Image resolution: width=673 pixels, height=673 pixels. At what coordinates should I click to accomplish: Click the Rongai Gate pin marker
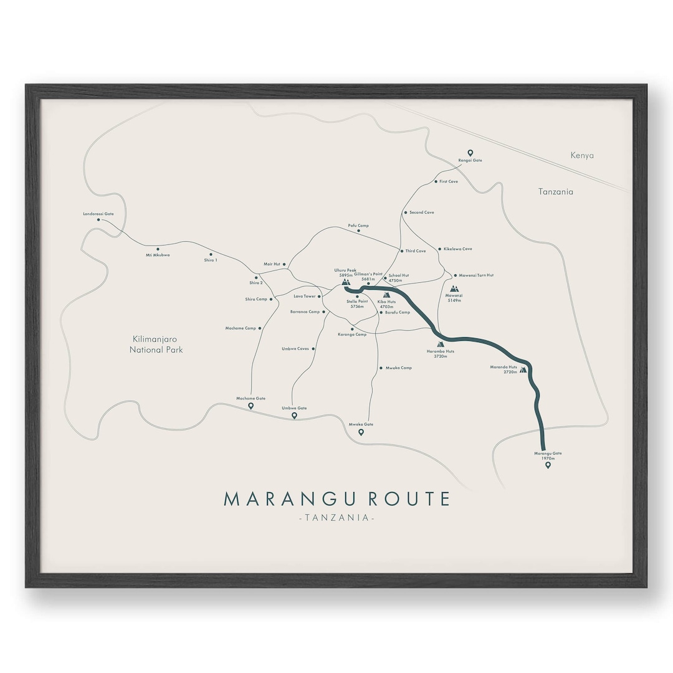coord(470,153)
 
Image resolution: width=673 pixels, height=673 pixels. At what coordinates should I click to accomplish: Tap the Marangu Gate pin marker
coord(548,465)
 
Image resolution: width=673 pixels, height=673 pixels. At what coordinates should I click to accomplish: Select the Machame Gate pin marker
coord(251,406)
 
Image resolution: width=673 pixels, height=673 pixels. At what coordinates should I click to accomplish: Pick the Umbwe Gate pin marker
coord(294,415)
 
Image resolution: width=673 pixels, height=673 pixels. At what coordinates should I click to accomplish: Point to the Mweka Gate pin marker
coord(361,432)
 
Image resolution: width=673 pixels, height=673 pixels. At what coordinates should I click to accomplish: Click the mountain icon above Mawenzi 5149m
coord(454,289)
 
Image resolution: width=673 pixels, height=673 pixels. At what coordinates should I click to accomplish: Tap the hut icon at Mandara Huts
coord(523,370)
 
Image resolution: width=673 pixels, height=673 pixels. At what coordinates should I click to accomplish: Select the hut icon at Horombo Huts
coord(441,343)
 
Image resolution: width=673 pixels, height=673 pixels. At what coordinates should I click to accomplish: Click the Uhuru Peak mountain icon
coord(346,282)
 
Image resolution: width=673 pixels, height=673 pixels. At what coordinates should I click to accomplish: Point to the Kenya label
coord(582,155)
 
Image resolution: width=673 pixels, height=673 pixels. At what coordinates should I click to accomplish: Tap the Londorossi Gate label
coord(98,214)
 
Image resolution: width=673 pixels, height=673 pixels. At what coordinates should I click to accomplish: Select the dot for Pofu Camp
coord(358,231)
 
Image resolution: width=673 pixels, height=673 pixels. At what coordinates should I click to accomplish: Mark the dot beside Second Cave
coord(405,212)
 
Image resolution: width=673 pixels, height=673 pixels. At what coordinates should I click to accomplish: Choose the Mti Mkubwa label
coord(158,255)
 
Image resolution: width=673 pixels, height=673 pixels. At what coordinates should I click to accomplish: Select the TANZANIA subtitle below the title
coord(336,518)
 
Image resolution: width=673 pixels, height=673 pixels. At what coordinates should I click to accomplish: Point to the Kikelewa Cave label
coord(457,249)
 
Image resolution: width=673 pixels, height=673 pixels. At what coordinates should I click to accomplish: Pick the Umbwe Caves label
coord(295,349)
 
